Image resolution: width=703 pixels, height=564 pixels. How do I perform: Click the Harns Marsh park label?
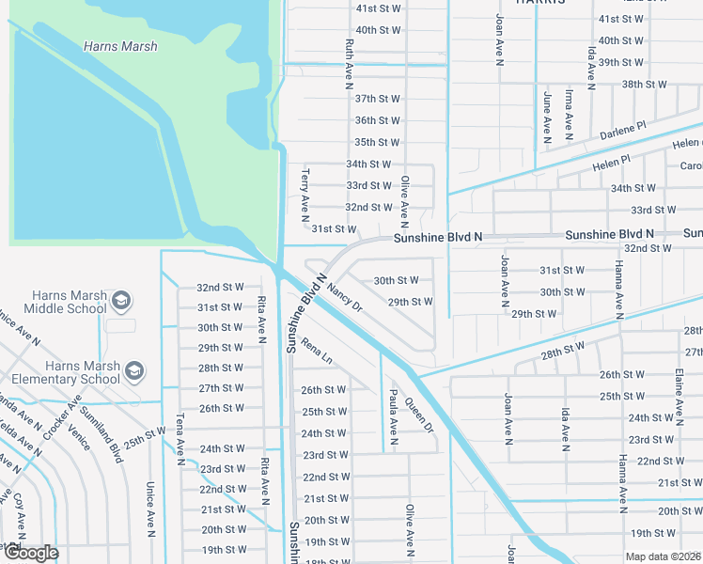[x=120, y=46]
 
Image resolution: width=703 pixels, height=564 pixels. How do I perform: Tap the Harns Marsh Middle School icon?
[x=120, y=301]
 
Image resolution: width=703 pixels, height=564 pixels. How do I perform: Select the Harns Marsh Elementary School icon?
[x=135, y=371]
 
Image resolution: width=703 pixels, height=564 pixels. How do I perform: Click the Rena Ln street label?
[x=317, y=352]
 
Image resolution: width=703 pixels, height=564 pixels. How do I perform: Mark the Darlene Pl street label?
[x=624, y=130]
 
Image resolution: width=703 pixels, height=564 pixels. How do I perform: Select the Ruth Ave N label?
[x=349, y=58]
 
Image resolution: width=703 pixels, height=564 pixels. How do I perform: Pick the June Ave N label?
[x=547, y=115]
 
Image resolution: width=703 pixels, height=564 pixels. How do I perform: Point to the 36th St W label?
[x=378, y=120]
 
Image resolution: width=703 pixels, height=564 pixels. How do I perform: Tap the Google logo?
[x=31, y=553]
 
